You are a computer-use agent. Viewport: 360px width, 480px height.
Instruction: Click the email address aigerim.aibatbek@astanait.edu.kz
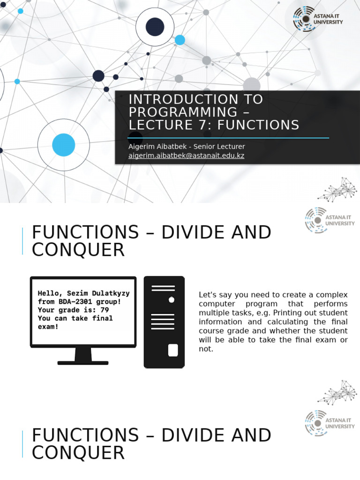point(186,156)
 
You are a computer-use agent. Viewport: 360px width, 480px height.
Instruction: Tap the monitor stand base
point(83,362)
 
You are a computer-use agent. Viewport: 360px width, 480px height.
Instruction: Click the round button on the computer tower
point(172,300)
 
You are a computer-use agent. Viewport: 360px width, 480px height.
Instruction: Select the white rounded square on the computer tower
point(173,350)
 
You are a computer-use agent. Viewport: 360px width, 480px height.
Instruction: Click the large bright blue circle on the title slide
point(64,145)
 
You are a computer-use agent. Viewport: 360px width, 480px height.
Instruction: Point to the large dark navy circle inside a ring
point(155,27)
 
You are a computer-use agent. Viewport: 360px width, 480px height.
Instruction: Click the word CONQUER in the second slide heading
point(78,250)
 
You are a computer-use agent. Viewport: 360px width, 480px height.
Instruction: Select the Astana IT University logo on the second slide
point(330,220)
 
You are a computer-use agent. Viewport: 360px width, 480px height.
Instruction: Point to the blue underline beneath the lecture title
point(229,138)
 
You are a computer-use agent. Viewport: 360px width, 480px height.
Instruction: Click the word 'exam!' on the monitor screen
point(48,326)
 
